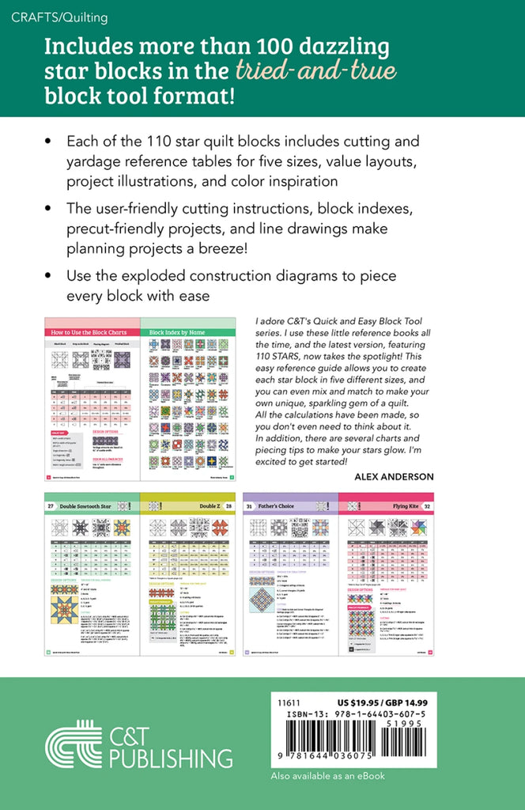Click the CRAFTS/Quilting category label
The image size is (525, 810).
60,17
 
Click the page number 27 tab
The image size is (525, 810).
50,506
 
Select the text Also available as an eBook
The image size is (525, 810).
328,776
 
